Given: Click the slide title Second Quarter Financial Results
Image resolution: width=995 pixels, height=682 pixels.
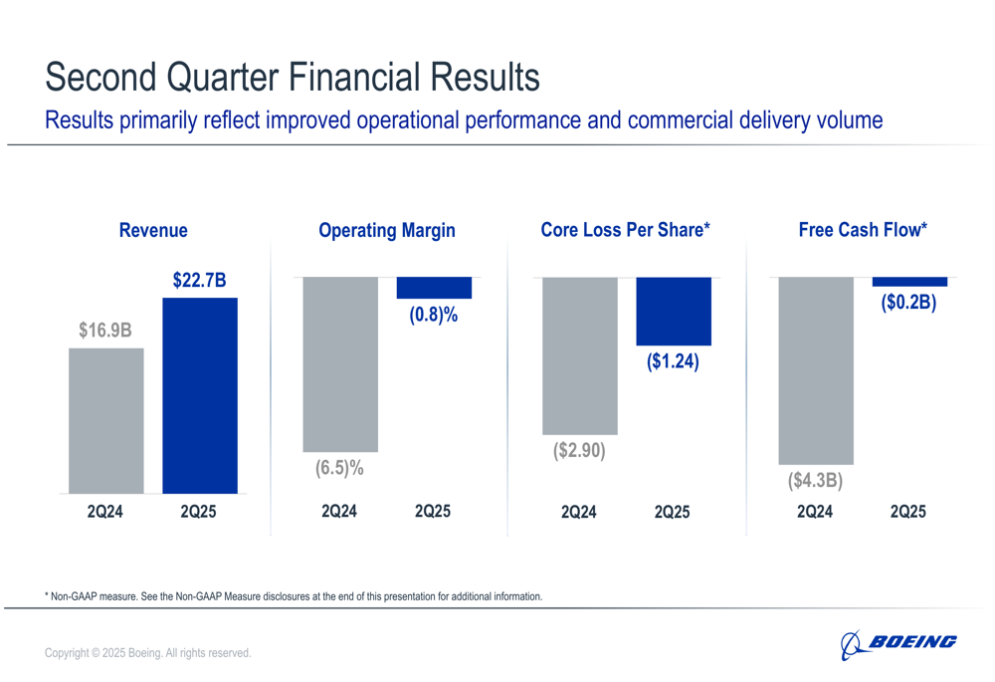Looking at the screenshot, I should click(293, 77).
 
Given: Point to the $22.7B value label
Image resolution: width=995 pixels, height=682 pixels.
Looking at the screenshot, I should click(200, 282).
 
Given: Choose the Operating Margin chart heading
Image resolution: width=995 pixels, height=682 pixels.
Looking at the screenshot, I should click(386, 230).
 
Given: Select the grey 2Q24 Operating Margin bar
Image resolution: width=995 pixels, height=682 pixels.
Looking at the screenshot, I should click(340, 364).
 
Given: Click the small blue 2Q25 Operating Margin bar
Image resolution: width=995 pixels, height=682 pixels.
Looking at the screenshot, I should click(434, 288).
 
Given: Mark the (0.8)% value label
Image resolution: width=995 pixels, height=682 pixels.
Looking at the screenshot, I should click(434, 317).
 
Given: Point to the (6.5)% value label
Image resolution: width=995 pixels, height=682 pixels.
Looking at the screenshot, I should click(340, 468).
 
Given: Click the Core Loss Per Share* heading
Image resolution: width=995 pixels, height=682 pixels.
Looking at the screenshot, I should click(625, 230).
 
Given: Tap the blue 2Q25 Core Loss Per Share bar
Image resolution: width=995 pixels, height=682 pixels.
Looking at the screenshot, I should click(674, 312).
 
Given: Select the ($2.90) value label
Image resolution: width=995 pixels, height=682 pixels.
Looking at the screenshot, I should click(579, 451).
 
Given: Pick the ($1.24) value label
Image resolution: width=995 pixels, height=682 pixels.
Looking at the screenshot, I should click(674, 362).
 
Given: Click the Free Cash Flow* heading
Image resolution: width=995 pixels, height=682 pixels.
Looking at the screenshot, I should click(863, 230).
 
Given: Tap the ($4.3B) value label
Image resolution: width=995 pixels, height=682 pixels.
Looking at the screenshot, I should click(816, 481).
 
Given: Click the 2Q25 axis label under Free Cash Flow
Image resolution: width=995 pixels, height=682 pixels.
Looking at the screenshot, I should click(907, 512).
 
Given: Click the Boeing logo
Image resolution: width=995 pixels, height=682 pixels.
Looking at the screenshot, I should click(898, 644).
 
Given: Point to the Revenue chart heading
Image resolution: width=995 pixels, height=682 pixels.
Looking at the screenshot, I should click(153, 230).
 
